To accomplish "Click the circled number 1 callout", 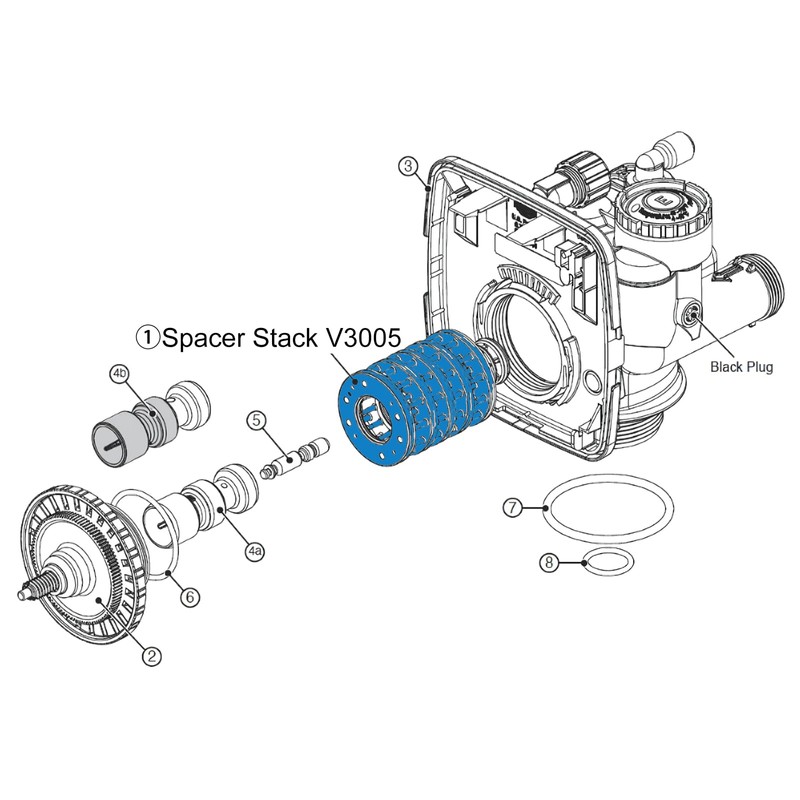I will click(148, 339).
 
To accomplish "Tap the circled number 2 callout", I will click(151, 656).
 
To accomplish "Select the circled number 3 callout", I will click(406, 164).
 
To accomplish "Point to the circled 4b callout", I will click(119, 373).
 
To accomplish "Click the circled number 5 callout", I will click(257, 421).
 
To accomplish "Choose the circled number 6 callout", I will click(191, 597).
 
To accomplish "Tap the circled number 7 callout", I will click(512, 508).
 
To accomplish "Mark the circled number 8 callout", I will click(549, 563).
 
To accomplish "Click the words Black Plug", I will click(741, 367).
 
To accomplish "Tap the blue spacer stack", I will click(415, 395).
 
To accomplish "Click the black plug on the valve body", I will click(688, 318).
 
